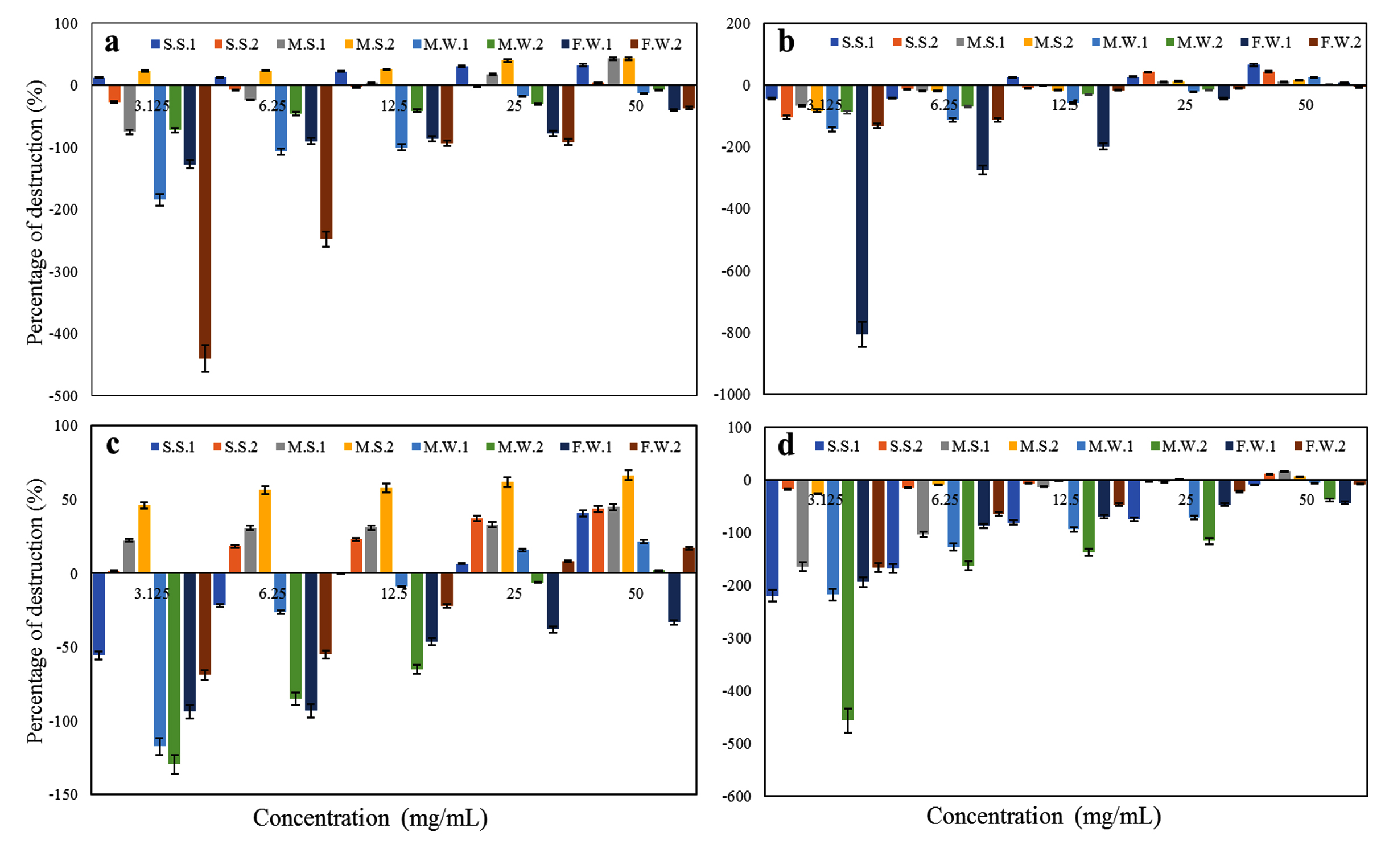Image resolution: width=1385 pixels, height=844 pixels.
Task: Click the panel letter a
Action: (x=112, y=43)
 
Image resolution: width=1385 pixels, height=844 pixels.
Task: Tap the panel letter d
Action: (x=786, y=445)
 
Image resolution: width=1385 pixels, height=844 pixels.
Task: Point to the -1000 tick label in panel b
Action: (x=735, y=395)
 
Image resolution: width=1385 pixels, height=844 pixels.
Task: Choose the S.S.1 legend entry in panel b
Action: (x=852, y=43)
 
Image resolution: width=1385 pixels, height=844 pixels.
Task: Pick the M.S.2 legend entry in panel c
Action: (x=369, y=447)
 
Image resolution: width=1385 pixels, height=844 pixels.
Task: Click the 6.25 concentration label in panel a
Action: (x=272, y=106)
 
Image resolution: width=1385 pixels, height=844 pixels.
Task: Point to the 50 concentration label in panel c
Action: (x=636, y=593)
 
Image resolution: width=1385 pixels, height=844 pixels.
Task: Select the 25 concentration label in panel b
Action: (x=1185, y=105)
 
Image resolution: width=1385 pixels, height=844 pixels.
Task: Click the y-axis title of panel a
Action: (x=35, y=212)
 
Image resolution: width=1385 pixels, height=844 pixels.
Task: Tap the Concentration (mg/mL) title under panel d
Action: (x=1043, y=816)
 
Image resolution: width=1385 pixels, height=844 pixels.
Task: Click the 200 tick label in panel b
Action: (x=738, y=24)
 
